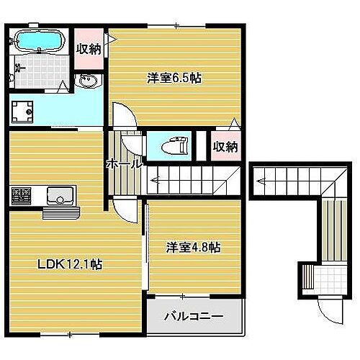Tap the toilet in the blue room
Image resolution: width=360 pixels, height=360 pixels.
tap(174, 146)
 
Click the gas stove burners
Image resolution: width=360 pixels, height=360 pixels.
tap(21, 195)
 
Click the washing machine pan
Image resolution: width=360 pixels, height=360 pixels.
tap(23, 110)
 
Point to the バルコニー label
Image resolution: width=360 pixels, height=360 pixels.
tap(193, 316)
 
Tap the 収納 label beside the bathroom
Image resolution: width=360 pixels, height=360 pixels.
tap(89, 48)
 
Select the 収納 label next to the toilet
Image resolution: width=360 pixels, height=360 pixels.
tap(225, 147)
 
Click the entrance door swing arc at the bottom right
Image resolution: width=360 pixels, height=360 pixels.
tap(333, 311)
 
